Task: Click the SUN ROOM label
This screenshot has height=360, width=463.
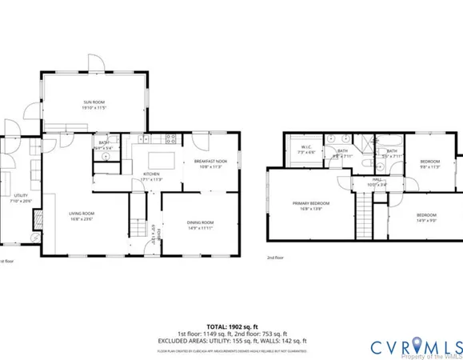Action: tap(94, 102)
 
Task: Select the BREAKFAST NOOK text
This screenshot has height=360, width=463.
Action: tap(211, 163)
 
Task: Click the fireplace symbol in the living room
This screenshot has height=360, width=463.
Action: tap(35, 238)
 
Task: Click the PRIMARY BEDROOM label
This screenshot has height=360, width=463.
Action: tap(310, 206)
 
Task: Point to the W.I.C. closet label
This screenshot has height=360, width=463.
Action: tap(306, 150)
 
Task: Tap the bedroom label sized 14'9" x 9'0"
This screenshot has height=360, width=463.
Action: tap(425, 217)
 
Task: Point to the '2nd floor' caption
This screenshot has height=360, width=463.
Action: tap(275, 258)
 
